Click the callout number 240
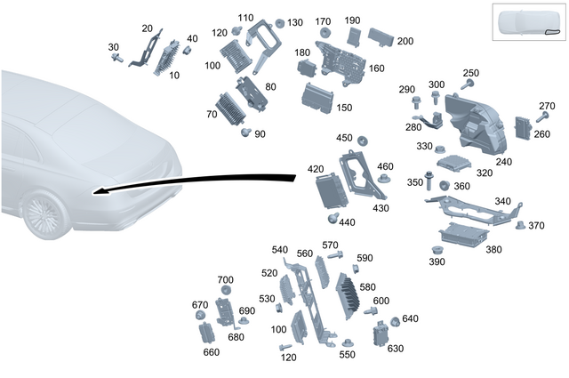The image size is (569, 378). (504, 162)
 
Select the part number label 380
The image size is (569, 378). (493, 249)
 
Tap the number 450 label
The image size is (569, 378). (344, 138)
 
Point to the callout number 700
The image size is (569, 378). (225, 280)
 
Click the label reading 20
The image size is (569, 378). (147, 28)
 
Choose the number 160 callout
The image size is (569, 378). (376, 68)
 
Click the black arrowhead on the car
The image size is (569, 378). (100, 191)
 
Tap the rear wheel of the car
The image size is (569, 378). (44, 213)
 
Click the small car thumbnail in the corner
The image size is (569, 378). (529, 21)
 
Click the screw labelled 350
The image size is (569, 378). (429, 181)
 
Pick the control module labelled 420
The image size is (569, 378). (332, 190)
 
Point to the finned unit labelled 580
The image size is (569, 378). (348, 295)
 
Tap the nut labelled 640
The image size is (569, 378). (395, 322)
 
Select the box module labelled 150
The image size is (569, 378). (317, 98)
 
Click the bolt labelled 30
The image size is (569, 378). (117, 58)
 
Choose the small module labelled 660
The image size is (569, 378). (207, 333)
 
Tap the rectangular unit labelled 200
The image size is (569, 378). (381, 37)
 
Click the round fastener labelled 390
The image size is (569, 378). (437, 250)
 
